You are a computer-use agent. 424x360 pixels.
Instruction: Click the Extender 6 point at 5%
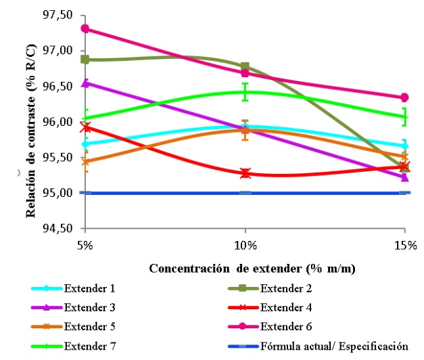pyautogui.click(x=85, y=28)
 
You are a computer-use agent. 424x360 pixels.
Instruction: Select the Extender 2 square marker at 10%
pyautogui.click(x=245, y=66)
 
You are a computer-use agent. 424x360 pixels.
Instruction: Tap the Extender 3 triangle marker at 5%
pyautogui.click(x=85, y=83)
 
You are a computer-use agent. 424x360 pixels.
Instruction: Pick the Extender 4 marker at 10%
pyautogui.click(x=245, y=173)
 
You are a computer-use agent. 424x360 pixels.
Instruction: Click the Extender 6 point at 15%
pyautogui.click(x=404, y=97)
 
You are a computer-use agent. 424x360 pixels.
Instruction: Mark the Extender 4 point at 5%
pyautogui.click(x=85, y=127)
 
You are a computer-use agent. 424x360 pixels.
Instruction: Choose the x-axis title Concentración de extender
pyautogui.click(x=253, y=268)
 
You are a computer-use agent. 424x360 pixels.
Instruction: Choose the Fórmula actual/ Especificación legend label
pyautogui.click(x=334, y=346)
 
